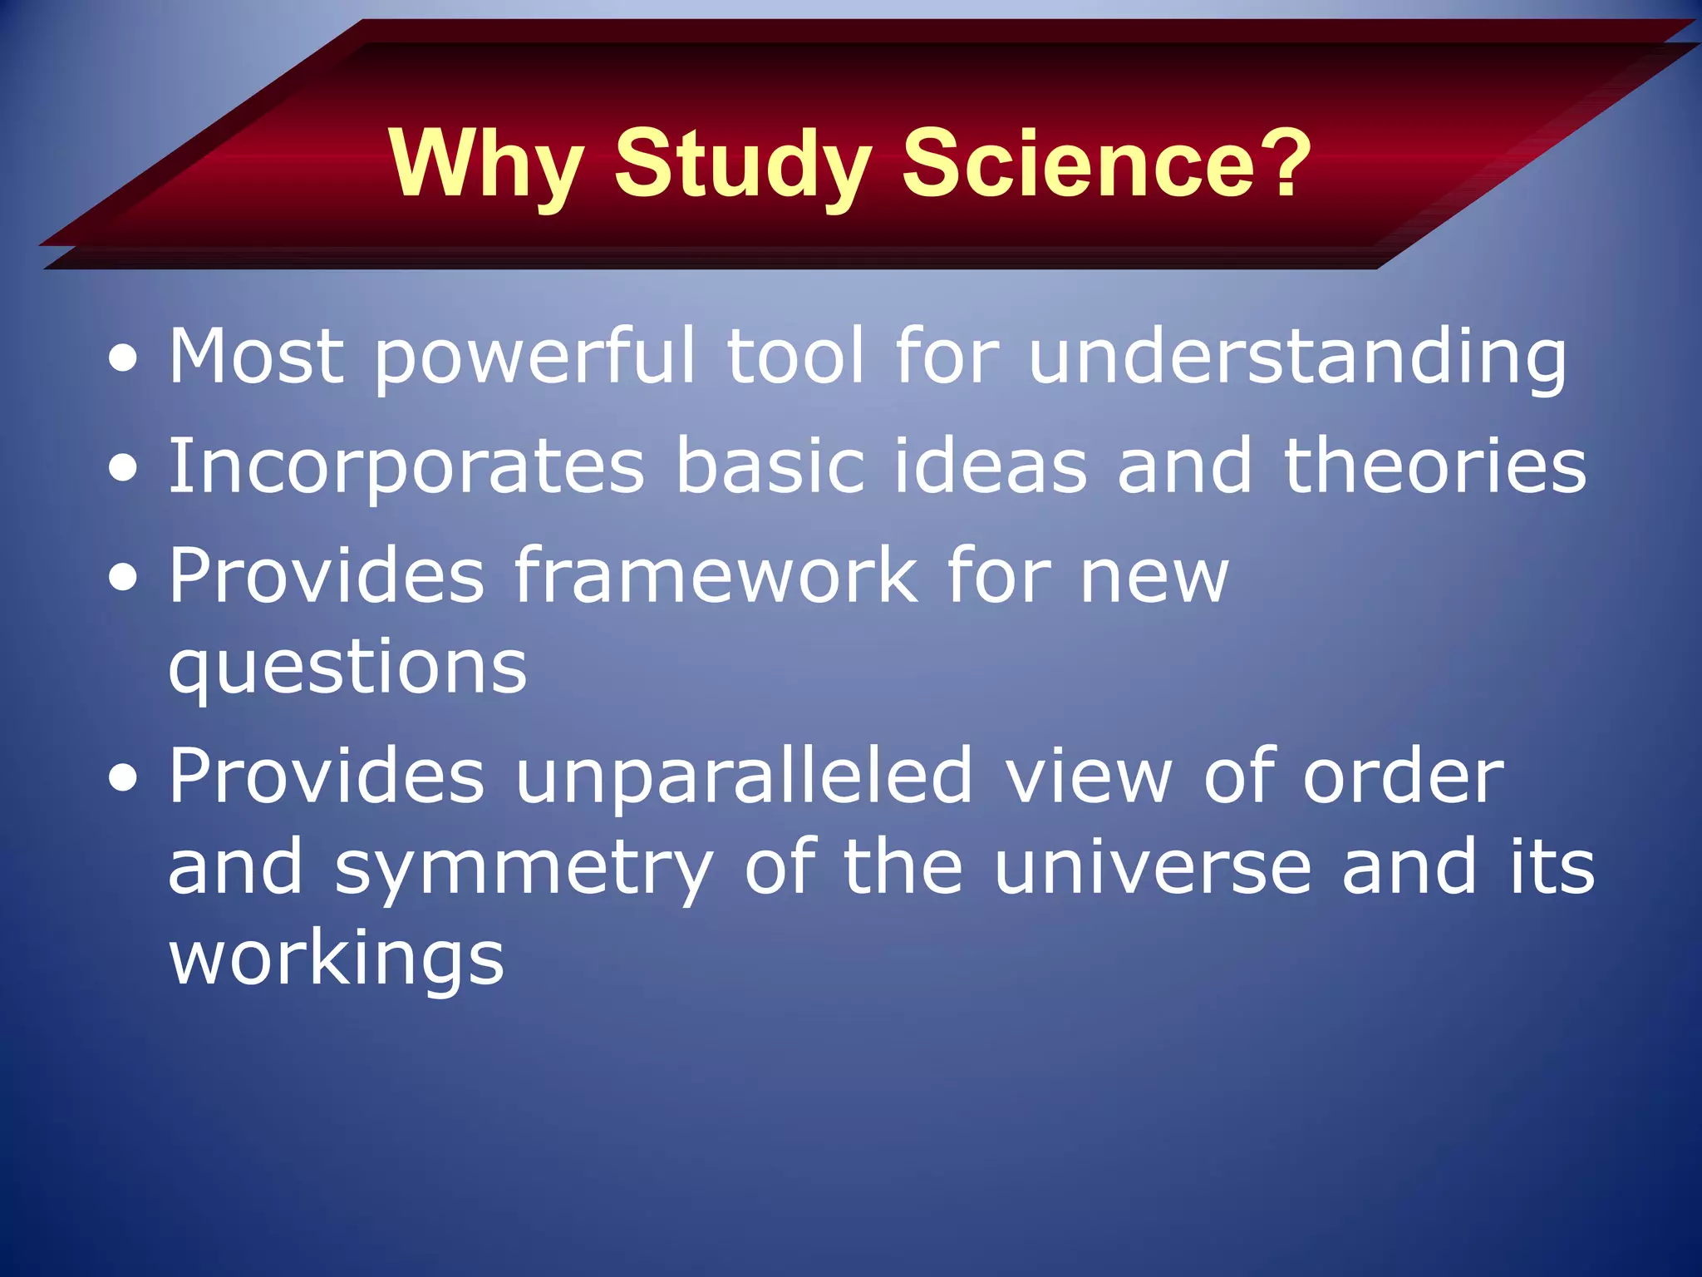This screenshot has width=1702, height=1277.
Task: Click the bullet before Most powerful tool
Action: tap(124, 359)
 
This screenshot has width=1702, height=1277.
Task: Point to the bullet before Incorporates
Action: tap(124, 468)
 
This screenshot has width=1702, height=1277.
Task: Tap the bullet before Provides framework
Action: tap(124, 577)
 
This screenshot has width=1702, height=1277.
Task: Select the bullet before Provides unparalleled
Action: tap(124, 778)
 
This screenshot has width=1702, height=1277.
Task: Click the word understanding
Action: tap(1297, 357)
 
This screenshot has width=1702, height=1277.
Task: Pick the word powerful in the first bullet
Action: tap(534, 357)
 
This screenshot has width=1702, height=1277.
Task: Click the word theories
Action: tap(1435, 466)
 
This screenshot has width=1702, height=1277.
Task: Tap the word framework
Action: tap(716, 575)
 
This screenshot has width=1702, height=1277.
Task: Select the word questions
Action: tap(347, 668)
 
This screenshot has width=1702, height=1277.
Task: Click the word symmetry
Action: tap(524, 870)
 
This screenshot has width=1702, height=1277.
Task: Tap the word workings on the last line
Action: tap(337, 961)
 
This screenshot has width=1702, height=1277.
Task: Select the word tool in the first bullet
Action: tap(796, 357)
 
